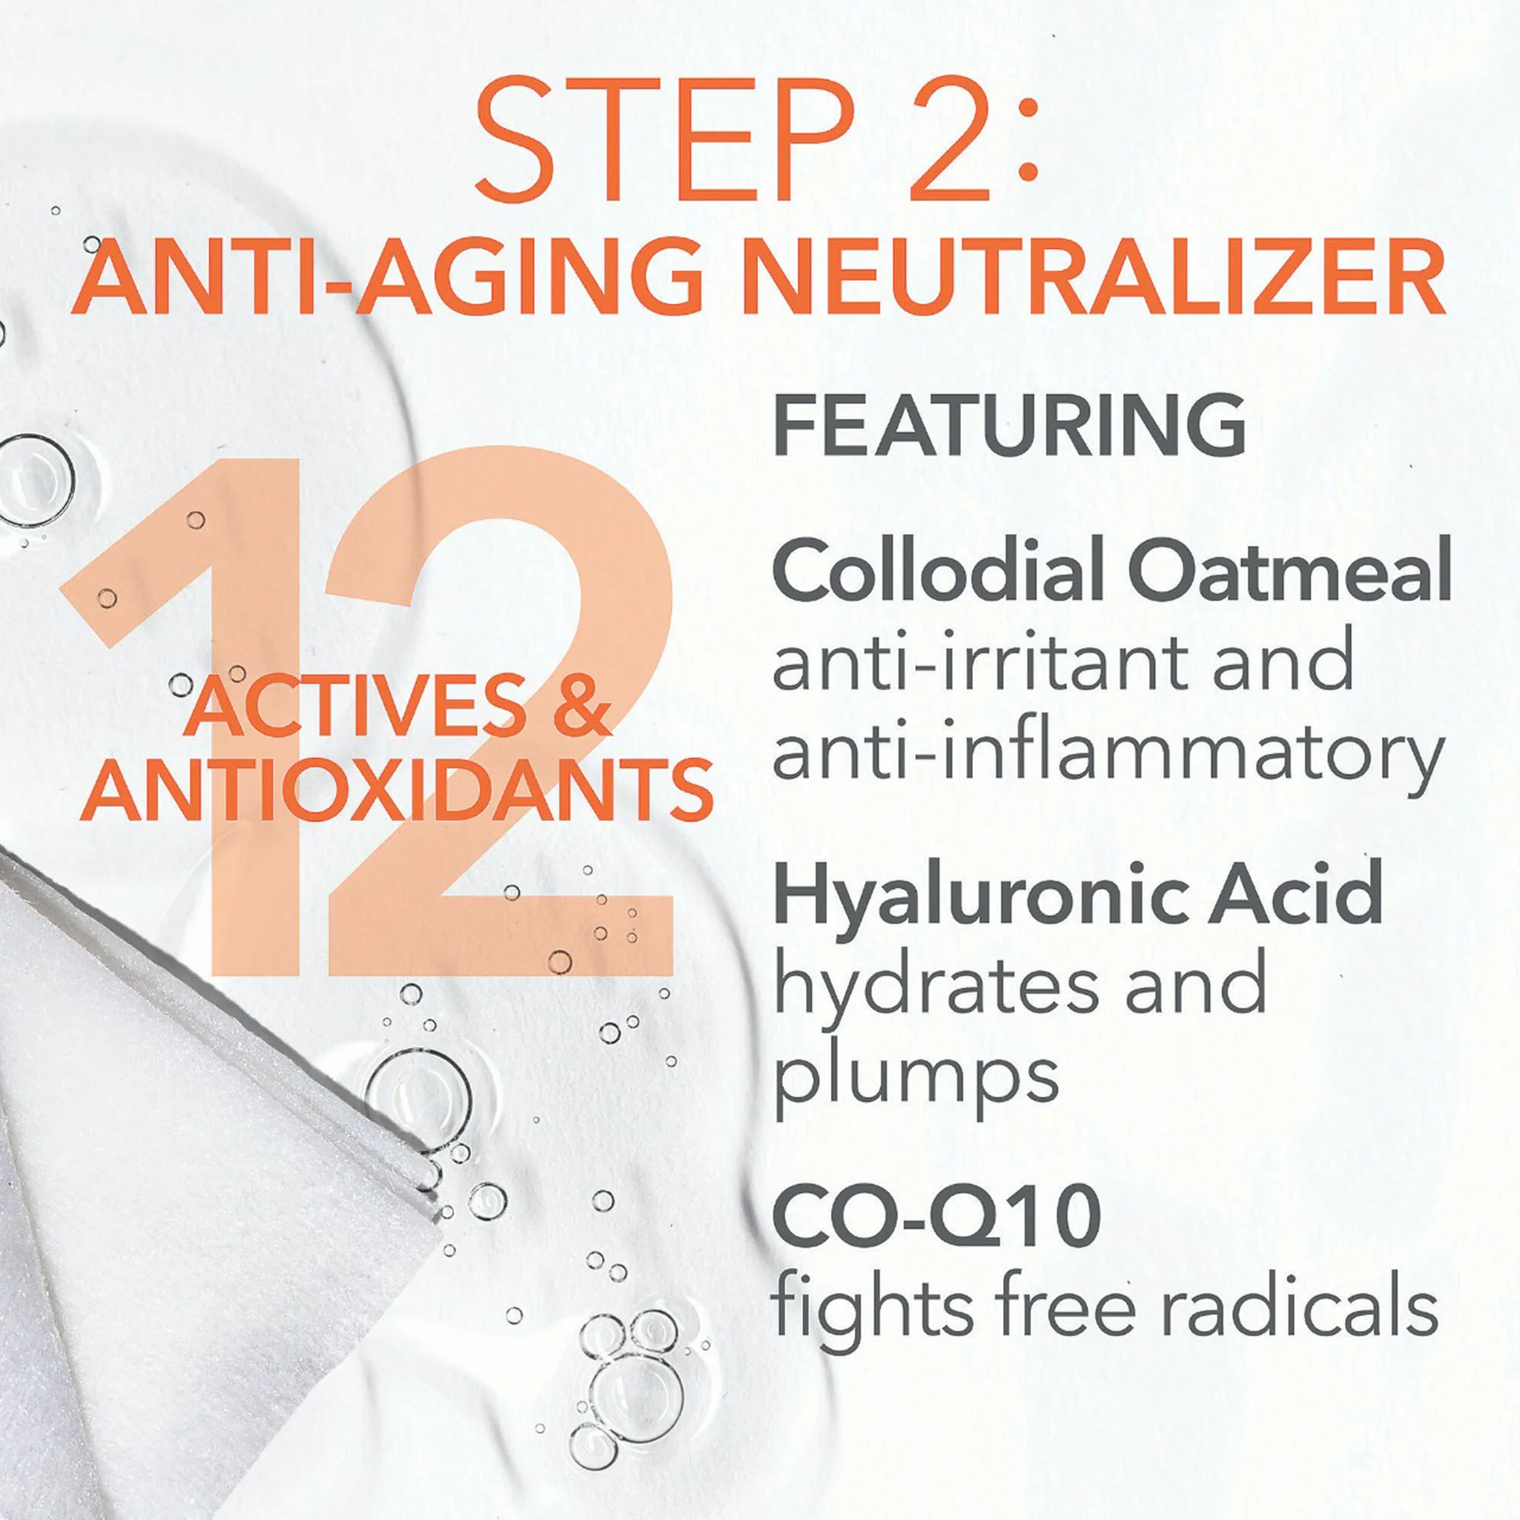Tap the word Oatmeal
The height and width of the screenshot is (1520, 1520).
1290,572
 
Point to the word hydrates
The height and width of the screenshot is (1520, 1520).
936,986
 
